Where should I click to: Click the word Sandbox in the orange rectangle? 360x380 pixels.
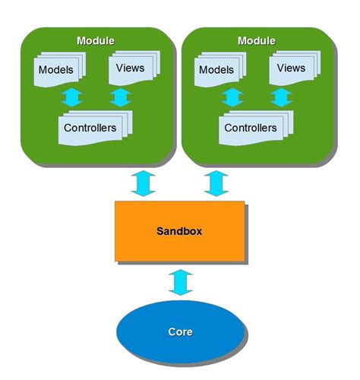(x=179, y=230)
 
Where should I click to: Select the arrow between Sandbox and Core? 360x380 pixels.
(x=179, y=282)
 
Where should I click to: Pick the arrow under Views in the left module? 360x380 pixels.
(x=121, y=97)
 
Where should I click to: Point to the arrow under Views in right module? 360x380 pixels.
(x=282, y=97)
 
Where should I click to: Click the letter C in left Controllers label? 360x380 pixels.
(x=68, y=128)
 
